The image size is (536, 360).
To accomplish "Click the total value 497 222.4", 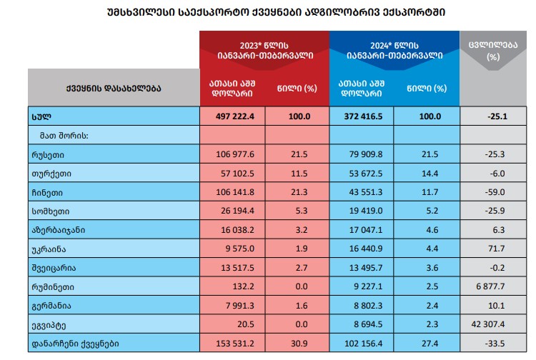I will click(x=235, y=116).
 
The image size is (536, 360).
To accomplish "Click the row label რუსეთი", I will click(x=48, y=154).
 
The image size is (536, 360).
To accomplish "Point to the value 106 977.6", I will click(x=235, y=154).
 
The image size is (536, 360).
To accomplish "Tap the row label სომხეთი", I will click(x=49, y=211).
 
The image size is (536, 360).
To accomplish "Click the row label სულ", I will click(x=41, y=116).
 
